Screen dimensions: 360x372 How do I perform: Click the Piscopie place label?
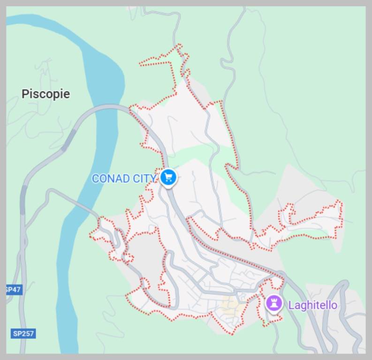point(46,94)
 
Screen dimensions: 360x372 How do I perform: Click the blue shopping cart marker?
point(168,177)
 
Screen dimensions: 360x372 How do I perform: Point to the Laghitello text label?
point(312,305)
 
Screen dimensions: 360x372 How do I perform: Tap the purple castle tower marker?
point(273,303)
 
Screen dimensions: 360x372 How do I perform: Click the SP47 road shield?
point(13,290)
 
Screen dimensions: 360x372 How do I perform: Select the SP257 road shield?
point(23,334)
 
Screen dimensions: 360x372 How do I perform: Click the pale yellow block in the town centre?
point(231,306)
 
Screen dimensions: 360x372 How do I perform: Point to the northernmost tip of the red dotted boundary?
point(178,45)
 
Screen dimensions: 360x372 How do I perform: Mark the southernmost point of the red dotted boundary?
point(231,334)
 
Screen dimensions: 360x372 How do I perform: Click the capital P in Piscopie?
point(25,94)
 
